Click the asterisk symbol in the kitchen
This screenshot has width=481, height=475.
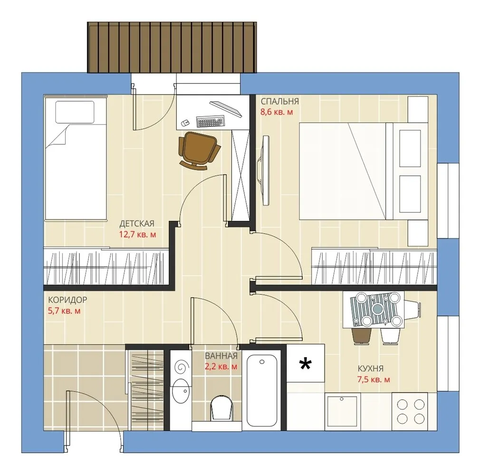coord(305,364)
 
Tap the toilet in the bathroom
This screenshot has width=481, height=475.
coord(221,408)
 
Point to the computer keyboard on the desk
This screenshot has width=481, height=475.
coord(210,121)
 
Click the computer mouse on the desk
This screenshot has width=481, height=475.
coord(185,123)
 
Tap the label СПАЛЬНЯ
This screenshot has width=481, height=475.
coord(279,102)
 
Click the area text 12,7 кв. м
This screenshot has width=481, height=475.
coord(137,235)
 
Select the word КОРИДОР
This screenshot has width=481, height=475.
coord(67,300)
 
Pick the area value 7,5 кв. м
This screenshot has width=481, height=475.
coord(373,380)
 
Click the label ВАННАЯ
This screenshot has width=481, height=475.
coord(221,356)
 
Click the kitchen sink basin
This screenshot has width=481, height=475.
coord(342,411)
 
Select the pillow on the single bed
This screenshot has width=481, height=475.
coord(75,112)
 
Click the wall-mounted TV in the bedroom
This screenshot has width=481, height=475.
coord(265,170)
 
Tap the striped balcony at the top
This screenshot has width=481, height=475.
coord(172,47)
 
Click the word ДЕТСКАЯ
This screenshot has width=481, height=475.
coord(137,224)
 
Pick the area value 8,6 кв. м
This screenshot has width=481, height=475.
coord(277,112)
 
